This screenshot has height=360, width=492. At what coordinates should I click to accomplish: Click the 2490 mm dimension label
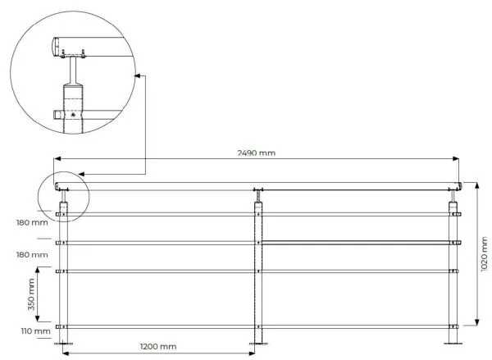pyautogui.click(x=257, y=153)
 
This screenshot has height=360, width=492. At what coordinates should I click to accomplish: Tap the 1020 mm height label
pyautogui.click(x=484, y=254)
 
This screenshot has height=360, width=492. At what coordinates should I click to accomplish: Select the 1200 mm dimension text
pyautogui.click(x=158, y=347)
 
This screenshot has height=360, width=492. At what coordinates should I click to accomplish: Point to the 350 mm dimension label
pyautogui.click(x=31, y=294)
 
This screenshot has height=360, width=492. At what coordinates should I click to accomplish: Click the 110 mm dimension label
pyautogui.click(x=36, y=331)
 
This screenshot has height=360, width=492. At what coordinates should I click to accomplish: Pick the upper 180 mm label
pyautogui.click(x=32, y=222)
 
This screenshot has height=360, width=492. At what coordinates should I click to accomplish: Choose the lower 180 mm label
pyautogui.click(x=32, y=254)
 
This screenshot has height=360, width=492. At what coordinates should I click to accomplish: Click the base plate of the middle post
pyautogui.click(x=258, y=344)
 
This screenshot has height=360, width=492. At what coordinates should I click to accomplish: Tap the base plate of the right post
pyautogui.click(x=453, y=344)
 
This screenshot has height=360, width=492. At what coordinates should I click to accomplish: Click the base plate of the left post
pyautogui.click(x=63, y=344)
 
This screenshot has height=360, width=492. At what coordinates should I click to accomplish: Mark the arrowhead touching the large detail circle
pyautogui.click(x=138, y=75)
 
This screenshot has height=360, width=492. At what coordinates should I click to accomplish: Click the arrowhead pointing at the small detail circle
pyautogui.click(x=81, y=174)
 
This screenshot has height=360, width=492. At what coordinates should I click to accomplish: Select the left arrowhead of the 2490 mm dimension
pyautogui.click(x=57, y=159)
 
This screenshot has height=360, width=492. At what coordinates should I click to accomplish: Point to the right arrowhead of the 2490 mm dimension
pyautogui.click(x=456, y=159)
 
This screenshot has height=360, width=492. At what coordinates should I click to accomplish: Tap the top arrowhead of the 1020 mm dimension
pyautogui.click(x=477, y=185)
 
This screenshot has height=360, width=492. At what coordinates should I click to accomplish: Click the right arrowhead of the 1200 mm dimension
pyautogui.click(x=252, y=353)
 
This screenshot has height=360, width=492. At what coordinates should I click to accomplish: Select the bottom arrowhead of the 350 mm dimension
pyautogui.click(x=38, y=318)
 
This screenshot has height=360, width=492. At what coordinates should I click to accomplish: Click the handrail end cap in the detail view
pyautogui.click(x=56, y=47)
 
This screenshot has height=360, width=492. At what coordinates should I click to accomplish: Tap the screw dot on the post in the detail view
pyautogui.click(x=73, y=115)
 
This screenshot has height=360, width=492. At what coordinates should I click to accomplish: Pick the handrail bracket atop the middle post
pyautogui.click(x=258, y=195)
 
